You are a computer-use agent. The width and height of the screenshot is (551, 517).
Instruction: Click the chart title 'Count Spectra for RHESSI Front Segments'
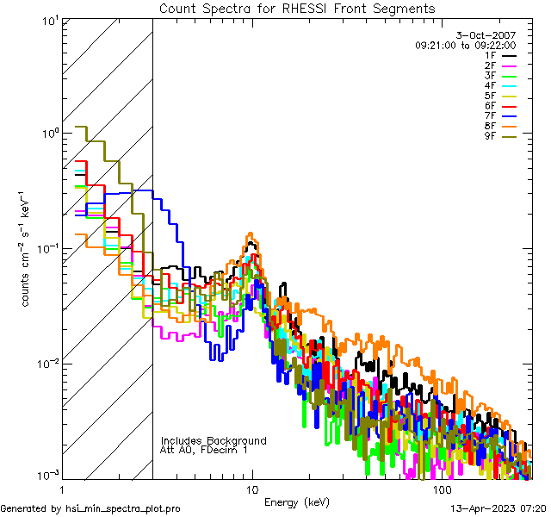(x=297, y=9)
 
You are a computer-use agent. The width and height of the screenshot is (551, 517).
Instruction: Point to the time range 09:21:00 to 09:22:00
(x=465, y=45)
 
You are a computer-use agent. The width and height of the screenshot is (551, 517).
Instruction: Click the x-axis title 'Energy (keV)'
(x=297, y=502)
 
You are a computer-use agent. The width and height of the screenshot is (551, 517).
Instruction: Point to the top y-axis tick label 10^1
(x=48, y=21)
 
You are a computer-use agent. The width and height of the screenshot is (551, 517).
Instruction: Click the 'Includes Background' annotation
(x=214, y=441)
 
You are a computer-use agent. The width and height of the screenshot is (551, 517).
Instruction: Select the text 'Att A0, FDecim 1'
(x=204, y=451)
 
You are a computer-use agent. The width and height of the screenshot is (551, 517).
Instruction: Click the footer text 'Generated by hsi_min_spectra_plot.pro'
(x=91, y=508)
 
